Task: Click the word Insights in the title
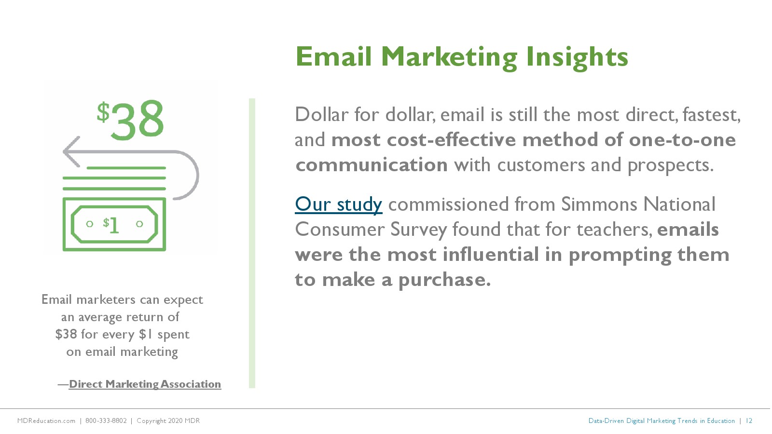click(x=577, y=58)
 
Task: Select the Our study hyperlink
click(x=338, y=204)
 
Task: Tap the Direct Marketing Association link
click(x=145, y=384)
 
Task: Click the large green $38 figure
click(x=130, y=120)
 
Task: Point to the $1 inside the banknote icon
click(x=111, y=225)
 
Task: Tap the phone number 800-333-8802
click(x=106, y=421)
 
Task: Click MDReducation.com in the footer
click(x=46, y=421)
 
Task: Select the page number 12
click(x=749, y=421)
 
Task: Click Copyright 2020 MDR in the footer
click(x=168, y=421)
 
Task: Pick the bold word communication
click(x=372, y=165)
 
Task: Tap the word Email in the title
click(x=333, y=57)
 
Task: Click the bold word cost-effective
click(x=452, y=140)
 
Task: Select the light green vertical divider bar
click(x=252, y=243)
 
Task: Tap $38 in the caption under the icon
click(x=66, y=334)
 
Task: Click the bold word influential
click(x=491, y=255)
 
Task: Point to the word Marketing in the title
click(x=449, y=58)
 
